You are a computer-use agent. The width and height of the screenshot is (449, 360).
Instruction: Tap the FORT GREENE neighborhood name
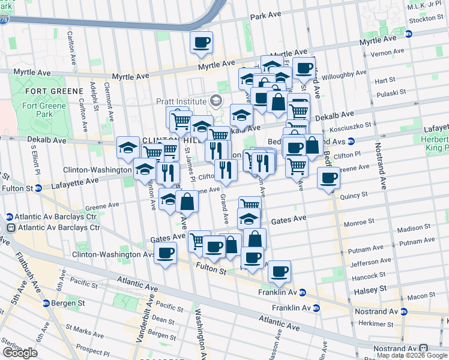coord(54,91)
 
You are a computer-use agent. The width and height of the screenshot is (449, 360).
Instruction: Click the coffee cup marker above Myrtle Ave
coord(202,42)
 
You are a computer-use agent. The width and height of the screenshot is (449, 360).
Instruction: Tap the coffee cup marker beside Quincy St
coord(329,178)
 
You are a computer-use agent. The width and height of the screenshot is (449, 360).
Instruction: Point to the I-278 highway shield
coord(4,20)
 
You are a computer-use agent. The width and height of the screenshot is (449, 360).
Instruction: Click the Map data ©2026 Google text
coord(412,356)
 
